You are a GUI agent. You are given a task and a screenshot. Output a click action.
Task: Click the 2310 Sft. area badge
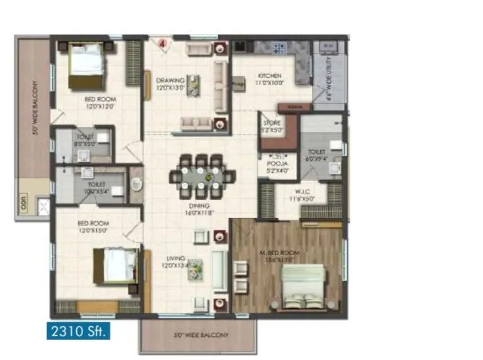pyautogui.click(x=79, y=330)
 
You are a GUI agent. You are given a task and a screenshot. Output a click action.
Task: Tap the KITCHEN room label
pyautogui.click(x=269, y=79)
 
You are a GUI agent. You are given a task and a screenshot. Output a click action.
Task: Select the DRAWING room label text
pyautogui.click(x=170, y=84)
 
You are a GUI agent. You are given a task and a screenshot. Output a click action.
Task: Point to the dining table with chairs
pyautogui.click(x=202, y=177)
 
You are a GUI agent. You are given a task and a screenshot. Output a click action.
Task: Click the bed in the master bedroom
pyautogui.click(x=304, y=287)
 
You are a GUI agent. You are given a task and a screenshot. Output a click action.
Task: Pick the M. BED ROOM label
pyautogui.click(x=280, y=256)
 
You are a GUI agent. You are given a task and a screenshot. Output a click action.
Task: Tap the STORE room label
pyautogui.click(x=272, y=126)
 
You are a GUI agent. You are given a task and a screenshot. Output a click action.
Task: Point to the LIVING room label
pyautogui.click(x=175, y=261)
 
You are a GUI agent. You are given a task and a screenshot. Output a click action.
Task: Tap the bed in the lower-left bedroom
pyautogui.click(x=116, y=266)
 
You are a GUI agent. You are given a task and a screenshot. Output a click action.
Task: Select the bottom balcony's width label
pyautogui.click(x=197, y=335)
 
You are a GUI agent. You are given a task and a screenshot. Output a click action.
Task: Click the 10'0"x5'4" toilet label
pyautogui.click(x=96, y=188)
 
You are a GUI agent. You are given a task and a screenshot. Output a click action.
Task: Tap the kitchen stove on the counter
pyautogui.click(x=279, y=47)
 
